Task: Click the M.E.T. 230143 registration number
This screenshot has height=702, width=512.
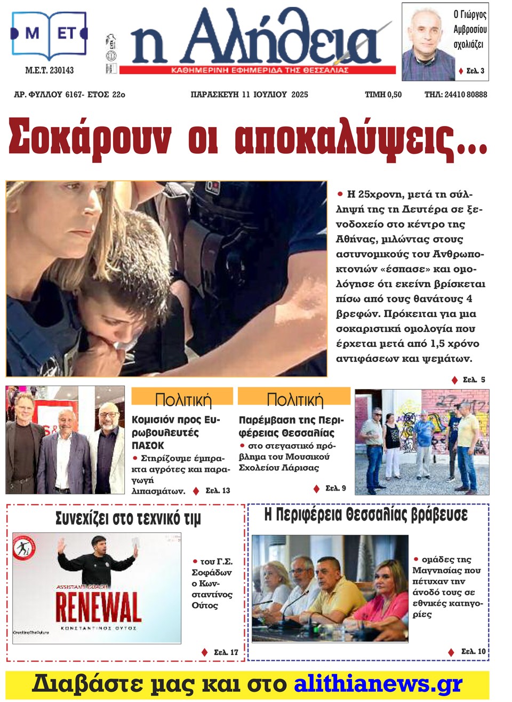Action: point(50,70)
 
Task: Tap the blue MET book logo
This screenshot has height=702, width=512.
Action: point(49,35)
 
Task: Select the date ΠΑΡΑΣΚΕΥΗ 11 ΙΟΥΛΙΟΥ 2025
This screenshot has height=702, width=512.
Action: point(249,94)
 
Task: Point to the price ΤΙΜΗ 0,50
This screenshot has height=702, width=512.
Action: point(383,94)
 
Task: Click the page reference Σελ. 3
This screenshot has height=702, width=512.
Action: point(475,71)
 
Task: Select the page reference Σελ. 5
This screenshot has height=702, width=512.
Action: point(474,380)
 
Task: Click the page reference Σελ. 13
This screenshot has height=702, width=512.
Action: point(218,491)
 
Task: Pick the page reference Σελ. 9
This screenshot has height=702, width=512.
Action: point(335,488)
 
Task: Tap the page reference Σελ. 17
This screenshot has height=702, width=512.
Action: point(226,652)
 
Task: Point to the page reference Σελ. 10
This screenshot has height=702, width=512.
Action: point(473,652)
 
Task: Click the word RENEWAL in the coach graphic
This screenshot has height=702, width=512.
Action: point(99,608)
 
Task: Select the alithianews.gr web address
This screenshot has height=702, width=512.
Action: point(378,684)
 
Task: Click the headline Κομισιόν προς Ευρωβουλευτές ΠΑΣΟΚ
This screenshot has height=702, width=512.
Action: point(176,432)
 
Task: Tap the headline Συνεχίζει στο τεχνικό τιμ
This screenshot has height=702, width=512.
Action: point(128,518)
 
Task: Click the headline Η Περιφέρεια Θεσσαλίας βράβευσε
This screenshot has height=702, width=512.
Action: point(366,515)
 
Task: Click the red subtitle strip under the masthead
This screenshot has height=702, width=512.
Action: point(258,70)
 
